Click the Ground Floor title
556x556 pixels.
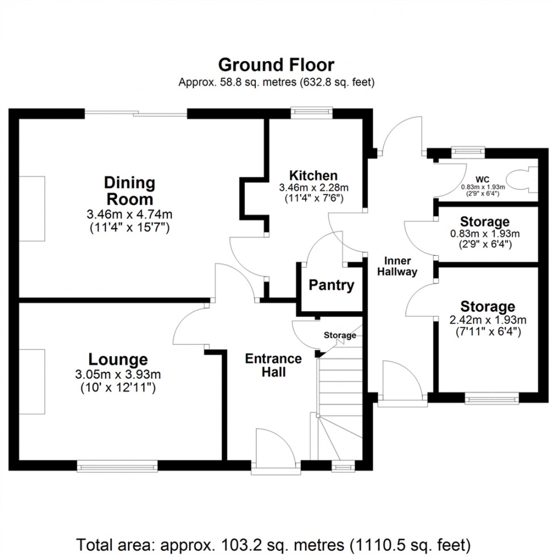tap(276, 65)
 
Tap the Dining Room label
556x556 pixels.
tap(129, 191)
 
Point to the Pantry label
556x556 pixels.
tap(331, 285)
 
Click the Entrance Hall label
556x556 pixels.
tap(273, 365)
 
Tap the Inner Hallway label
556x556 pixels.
tap(401, 266)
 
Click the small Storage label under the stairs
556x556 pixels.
tap(340, 335)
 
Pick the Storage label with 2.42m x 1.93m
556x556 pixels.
tap(487, 307)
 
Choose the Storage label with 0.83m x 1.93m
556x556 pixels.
tap(485, 221)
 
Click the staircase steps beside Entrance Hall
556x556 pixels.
tap(339, 397)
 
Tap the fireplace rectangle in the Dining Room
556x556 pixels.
tap(32, 208)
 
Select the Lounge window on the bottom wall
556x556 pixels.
tap(117, 466)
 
